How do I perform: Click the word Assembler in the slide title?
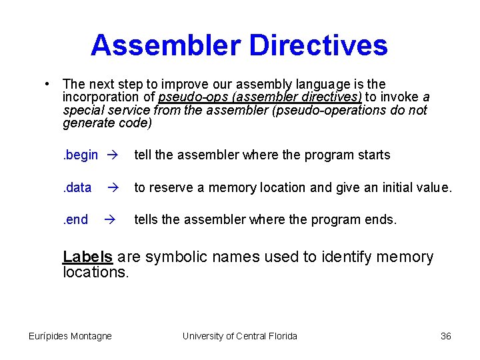click(165, 45)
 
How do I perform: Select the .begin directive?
click(80, 155)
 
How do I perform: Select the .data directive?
click(77, 188)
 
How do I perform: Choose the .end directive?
click(75, 220)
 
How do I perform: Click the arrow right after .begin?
click(112, 155)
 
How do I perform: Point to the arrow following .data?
click(112, 188)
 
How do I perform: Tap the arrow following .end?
click(112, 220)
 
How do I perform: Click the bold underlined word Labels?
click(87, 257)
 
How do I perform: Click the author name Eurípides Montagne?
click(70, 336)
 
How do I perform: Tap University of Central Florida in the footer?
click(239, 336)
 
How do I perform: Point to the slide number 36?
click(446, 336)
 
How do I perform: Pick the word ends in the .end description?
click(381, 220)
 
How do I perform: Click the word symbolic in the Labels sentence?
click(175, 257)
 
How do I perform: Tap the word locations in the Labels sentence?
click(95, 272)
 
